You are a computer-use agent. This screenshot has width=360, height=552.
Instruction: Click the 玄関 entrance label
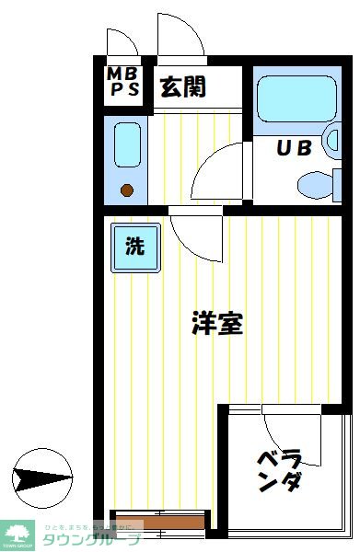[182, 87]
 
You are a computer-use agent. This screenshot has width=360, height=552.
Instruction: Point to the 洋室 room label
[217, 323]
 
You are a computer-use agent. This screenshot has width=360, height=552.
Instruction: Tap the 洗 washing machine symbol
[134, 247]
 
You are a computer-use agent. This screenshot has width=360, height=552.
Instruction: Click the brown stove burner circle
[127, 191]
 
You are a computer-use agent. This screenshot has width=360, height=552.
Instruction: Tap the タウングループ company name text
[89, 539]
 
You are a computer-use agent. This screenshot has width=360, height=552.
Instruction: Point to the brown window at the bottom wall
[157, 523]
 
